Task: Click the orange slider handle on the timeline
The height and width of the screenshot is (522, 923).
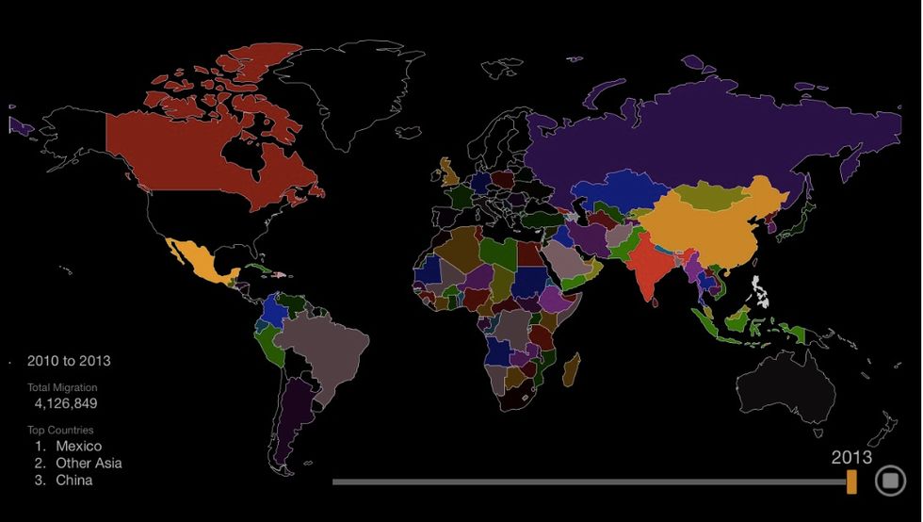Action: (x=851, y=481)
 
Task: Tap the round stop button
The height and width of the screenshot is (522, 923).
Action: (x=889, y=481)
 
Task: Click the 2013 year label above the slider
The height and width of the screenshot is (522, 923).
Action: (x=850, y=457)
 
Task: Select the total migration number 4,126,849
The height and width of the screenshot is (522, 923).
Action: (x=66, y=403)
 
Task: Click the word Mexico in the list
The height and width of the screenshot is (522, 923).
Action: (x=78, y=446)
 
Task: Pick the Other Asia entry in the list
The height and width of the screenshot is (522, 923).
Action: (x=89, y=463)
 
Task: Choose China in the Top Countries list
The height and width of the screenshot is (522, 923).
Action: (x=73, y=480)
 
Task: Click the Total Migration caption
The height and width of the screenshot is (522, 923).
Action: (x=61, y=387)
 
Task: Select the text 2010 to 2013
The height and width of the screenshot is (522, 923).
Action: (x=68, y=361)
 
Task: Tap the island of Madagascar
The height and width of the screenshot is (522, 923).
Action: (x=571, y=368)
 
